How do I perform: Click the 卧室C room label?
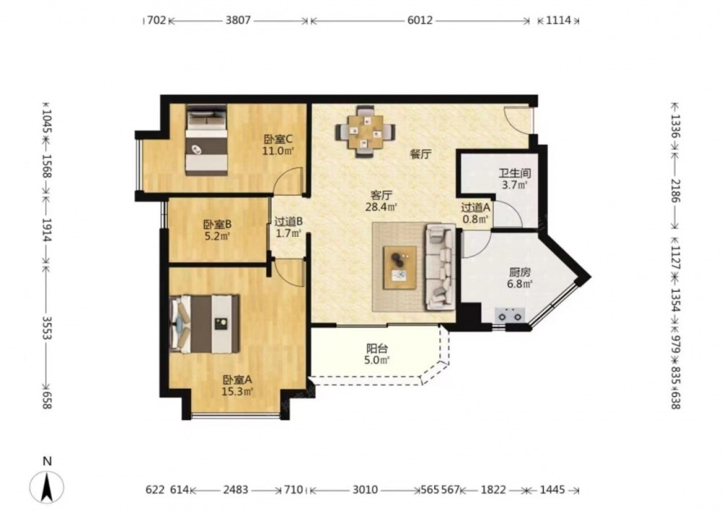click(278, 138)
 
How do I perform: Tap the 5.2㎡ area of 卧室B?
click(217, 236)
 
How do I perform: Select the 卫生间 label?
click(514, 173)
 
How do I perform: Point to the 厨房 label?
click(520, 272)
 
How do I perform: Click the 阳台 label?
click(376, 348)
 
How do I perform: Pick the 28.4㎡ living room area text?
click(382, 207)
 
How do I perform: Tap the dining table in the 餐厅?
click(365, 132)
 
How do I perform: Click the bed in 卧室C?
click(207, 140)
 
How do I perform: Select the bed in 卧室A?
click(205, 324)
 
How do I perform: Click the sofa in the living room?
click(440, 267)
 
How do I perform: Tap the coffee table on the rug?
click(400, 268)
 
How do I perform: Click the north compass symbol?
click(46, 486)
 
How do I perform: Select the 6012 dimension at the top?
click(420, 20)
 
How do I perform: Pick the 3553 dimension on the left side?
click(46, 328)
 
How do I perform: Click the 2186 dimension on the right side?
click(675, 190)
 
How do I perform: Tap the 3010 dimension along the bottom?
click(365, 490)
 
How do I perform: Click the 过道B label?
click(289, 221)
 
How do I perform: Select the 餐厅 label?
click(421, 154)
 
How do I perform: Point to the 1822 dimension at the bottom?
click(493, 490)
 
